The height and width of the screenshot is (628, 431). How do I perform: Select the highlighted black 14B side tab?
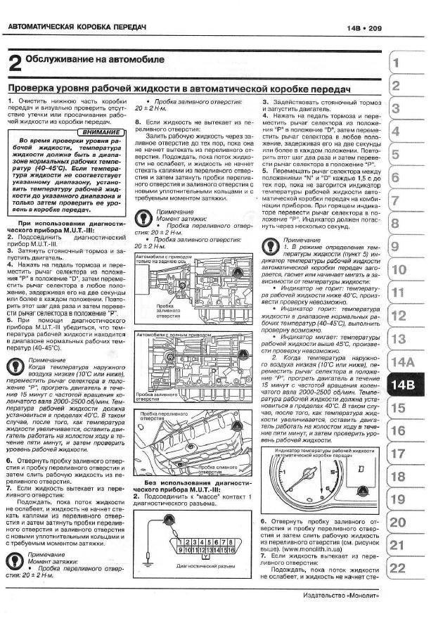[405, 385]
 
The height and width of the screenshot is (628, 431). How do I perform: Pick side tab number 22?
[398, 568]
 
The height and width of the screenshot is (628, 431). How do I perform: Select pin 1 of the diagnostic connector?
[181, 542]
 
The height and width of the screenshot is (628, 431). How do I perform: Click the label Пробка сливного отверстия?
[229, 468]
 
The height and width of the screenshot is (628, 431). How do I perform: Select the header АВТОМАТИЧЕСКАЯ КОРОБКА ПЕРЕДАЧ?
[77, 27]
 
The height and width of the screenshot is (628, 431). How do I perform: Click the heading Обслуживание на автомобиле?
[95, 60]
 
